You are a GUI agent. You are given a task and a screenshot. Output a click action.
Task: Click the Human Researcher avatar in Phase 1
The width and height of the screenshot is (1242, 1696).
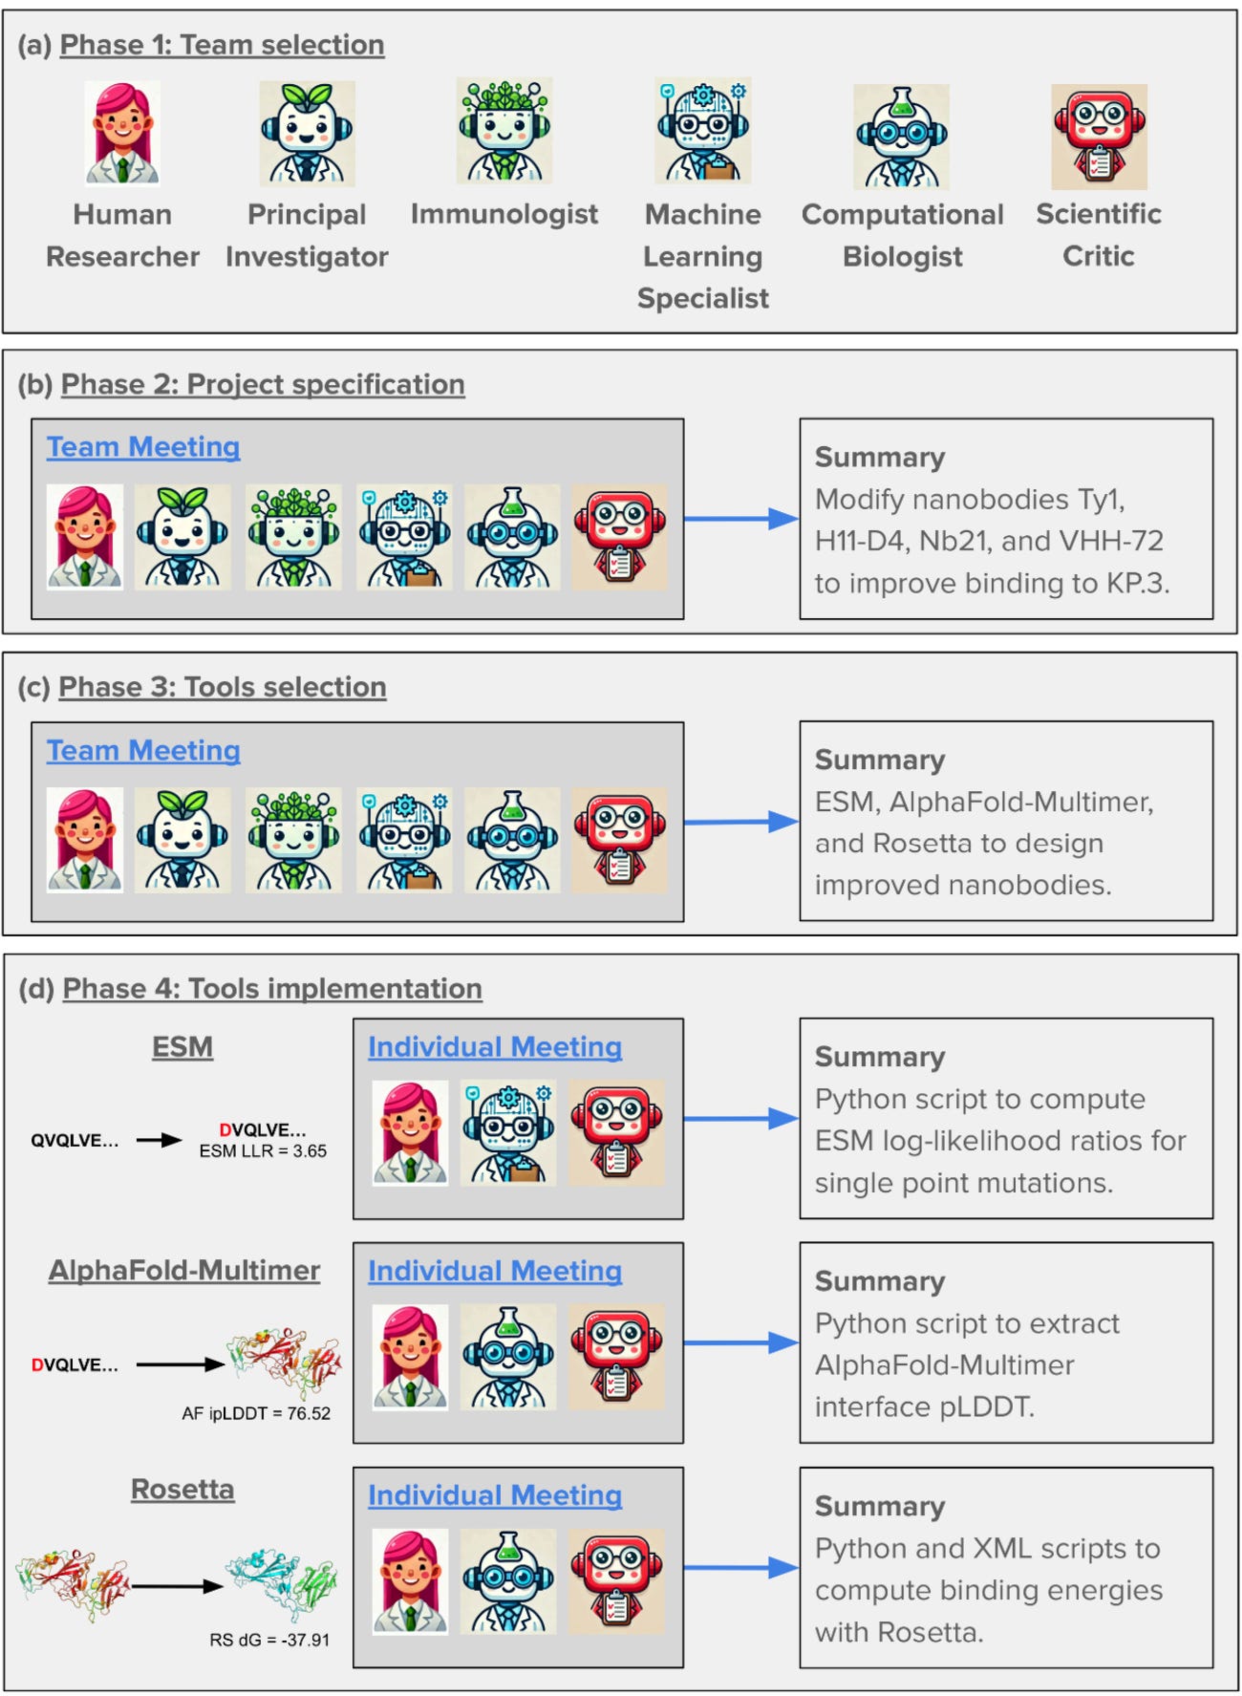coord(122,133)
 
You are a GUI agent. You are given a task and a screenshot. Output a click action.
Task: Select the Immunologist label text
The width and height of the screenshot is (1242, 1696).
coord(504,214)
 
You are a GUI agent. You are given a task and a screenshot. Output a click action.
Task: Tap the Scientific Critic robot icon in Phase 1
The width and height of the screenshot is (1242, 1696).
coord(1099,137)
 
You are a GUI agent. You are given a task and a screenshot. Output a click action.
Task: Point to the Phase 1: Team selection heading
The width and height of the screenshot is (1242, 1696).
coord(222,45)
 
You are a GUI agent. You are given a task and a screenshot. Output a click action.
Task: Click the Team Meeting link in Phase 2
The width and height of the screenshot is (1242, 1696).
coord(143,447)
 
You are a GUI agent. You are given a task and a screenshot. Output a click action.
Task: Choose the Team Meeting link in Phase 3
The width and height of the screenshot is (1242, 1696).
coord(143,751)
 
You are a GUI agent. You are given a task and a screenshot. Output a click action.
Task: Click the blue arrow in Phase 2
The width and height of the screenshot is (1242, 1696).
coord(741,519)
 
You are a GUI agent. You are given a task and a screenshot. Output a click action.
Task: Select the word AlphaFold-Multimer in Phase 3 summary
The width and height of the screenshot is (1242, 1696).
coord(1021,802)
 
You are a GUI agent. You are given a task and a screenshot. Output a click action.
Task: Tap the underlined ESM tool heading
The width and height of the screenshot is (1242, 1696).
coord(182,1047)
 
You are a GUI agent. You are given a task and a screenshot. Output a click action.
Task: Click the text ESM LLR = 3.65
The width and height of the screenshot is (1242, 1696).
coord(263,1151)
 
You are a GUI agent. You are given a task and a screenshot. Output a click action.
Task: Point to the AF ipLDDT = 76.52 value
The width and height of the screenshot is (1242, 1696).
coord(256,1413)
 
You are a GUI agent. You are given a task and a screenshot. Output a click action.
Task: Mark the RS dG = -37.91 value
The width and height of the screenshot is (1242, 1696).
coord(269,1640)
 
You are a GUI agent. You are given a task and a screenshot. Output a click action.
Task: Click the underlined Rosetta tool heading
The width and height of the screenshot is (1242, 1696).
coord(182,1490)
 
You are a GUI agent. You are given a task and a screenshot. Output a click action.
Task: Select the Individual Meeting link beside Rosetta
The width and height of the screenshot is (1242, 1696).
coord(495,1495)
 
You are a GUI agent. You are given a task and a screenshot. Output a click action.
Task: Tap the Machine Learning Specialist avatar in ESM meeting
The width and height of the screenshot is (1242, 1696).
coord(508,1133)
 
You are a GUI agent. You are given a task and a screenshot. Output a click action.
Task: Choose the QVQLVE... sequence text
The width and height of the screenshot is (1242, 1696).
coord(75,1140)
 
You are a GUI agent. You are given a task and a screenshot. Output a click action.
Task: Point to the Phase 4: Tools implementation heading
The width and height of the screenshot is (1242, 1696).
coord(272,989)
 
